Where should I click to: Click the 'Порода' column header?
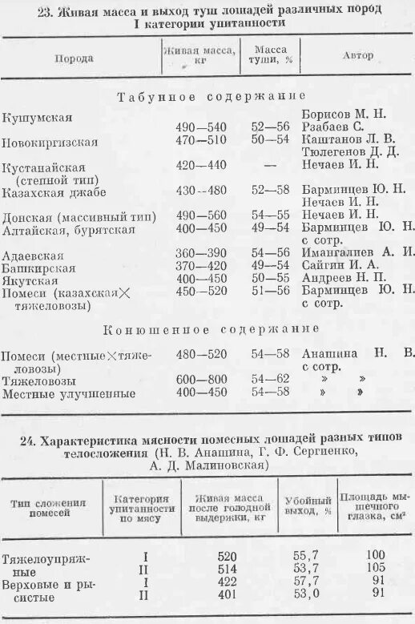pyautogui.click(x=74, y=58)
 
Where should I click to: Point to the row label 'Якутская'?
pyautogui.click(x=30, y=280)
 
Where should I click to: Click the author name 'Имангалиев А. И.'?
pyautogui.click(x=358, y=252)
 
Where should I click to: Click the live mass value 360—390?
pyautogui.click(x=201, y=252)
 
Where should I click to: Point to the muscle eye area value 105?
pyautogui.click(x=375, y=568)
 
